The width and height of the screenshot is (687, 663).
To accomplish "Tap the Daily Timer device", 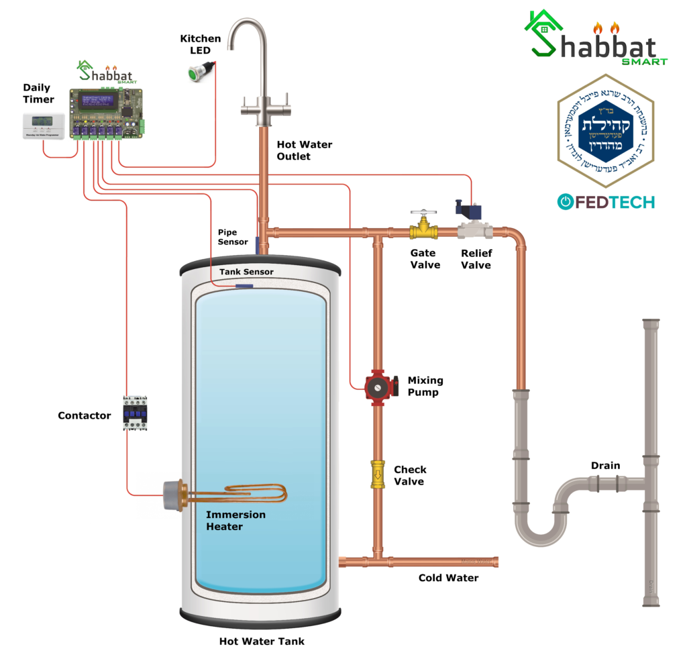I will point(43,125).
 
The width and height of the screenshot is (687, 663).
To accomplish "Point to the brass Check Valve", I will point(378,474).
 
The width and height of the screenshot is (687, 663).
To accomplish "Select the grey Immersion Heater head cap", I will point(172,497).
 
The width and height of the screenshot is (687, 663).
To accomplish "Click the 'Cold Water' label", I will point(448,578).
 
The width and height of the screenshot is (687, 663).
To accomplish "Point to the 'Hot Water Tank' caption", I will point(262,642).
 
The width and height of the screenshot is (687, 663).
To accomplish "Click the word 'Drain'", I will point(605,466).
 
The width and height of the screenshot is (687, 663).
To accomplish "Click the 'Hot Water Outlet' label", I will point(295,151).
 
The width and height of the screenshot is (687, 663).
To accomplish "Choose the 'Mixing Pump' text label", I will point(425,387).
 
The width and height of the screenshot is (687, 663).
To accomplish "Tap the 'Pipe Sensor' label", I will point(233,237).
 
